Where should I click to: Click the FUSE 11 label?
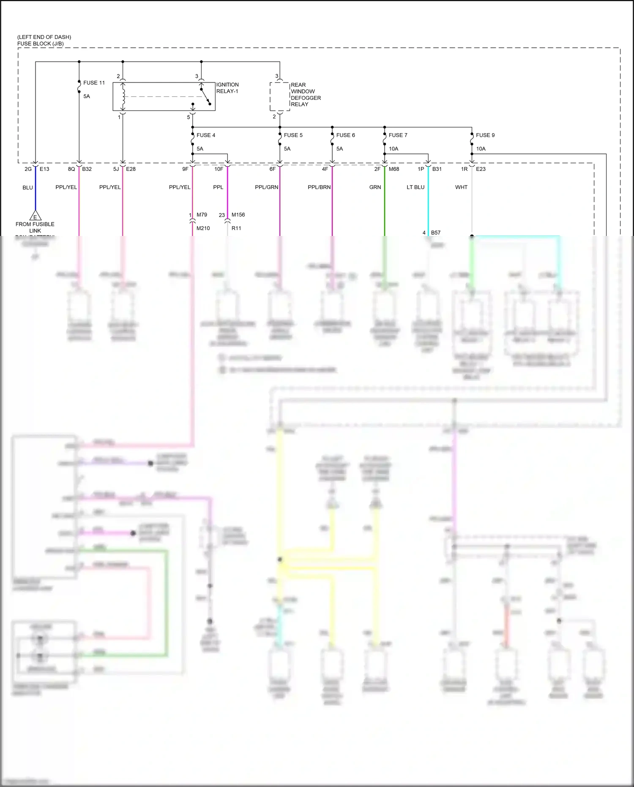pyautogui.click(x=94, y=83)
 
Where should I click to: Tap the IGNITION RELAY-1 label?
pyautogui.click(x=227, y=88)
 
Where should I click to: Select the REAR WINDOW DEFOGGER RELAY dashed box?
pyautogui.click(x=280, y=97)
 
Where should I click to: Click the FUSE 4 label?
pyautogui.click(x=206, y=135)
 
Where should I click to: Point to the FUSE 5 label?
pyautogui.click(x=293, y=135)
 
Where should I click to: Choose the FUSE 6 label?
pyautogui.click(x=345, y=135)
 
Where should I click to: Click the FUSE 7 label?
pyautogui.click(x=398, y=135)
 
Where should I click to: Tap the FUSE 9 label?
pyautogui.click(x=485, y=135)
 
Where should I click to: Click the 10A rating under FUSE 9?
pyautogui.click(x=481, y=149)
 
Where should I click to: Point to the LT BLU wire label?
pyautogui.click(x=415, y=187)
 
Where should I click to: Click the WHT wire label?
pyautogui.click(x=461, y=187)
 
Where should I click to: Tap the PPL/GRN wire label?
pyautogui.click(x=266, y=187)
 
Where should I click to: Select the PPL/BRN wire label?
pyautogui.click(x=319, y=187)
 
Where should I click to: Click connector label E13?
pyautogui.click(x=44, y=169)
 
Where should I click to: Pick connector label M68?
pyautogui.click(x=394, y=169)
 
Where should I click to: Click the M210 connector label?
pyautogui.click(x=203, y=228)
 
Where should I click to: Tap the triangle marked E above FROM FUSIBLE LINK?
pyautogui.click(x=35, y=216)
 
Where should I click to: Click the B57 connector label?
pyautogui.click(x=435, y=233)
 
